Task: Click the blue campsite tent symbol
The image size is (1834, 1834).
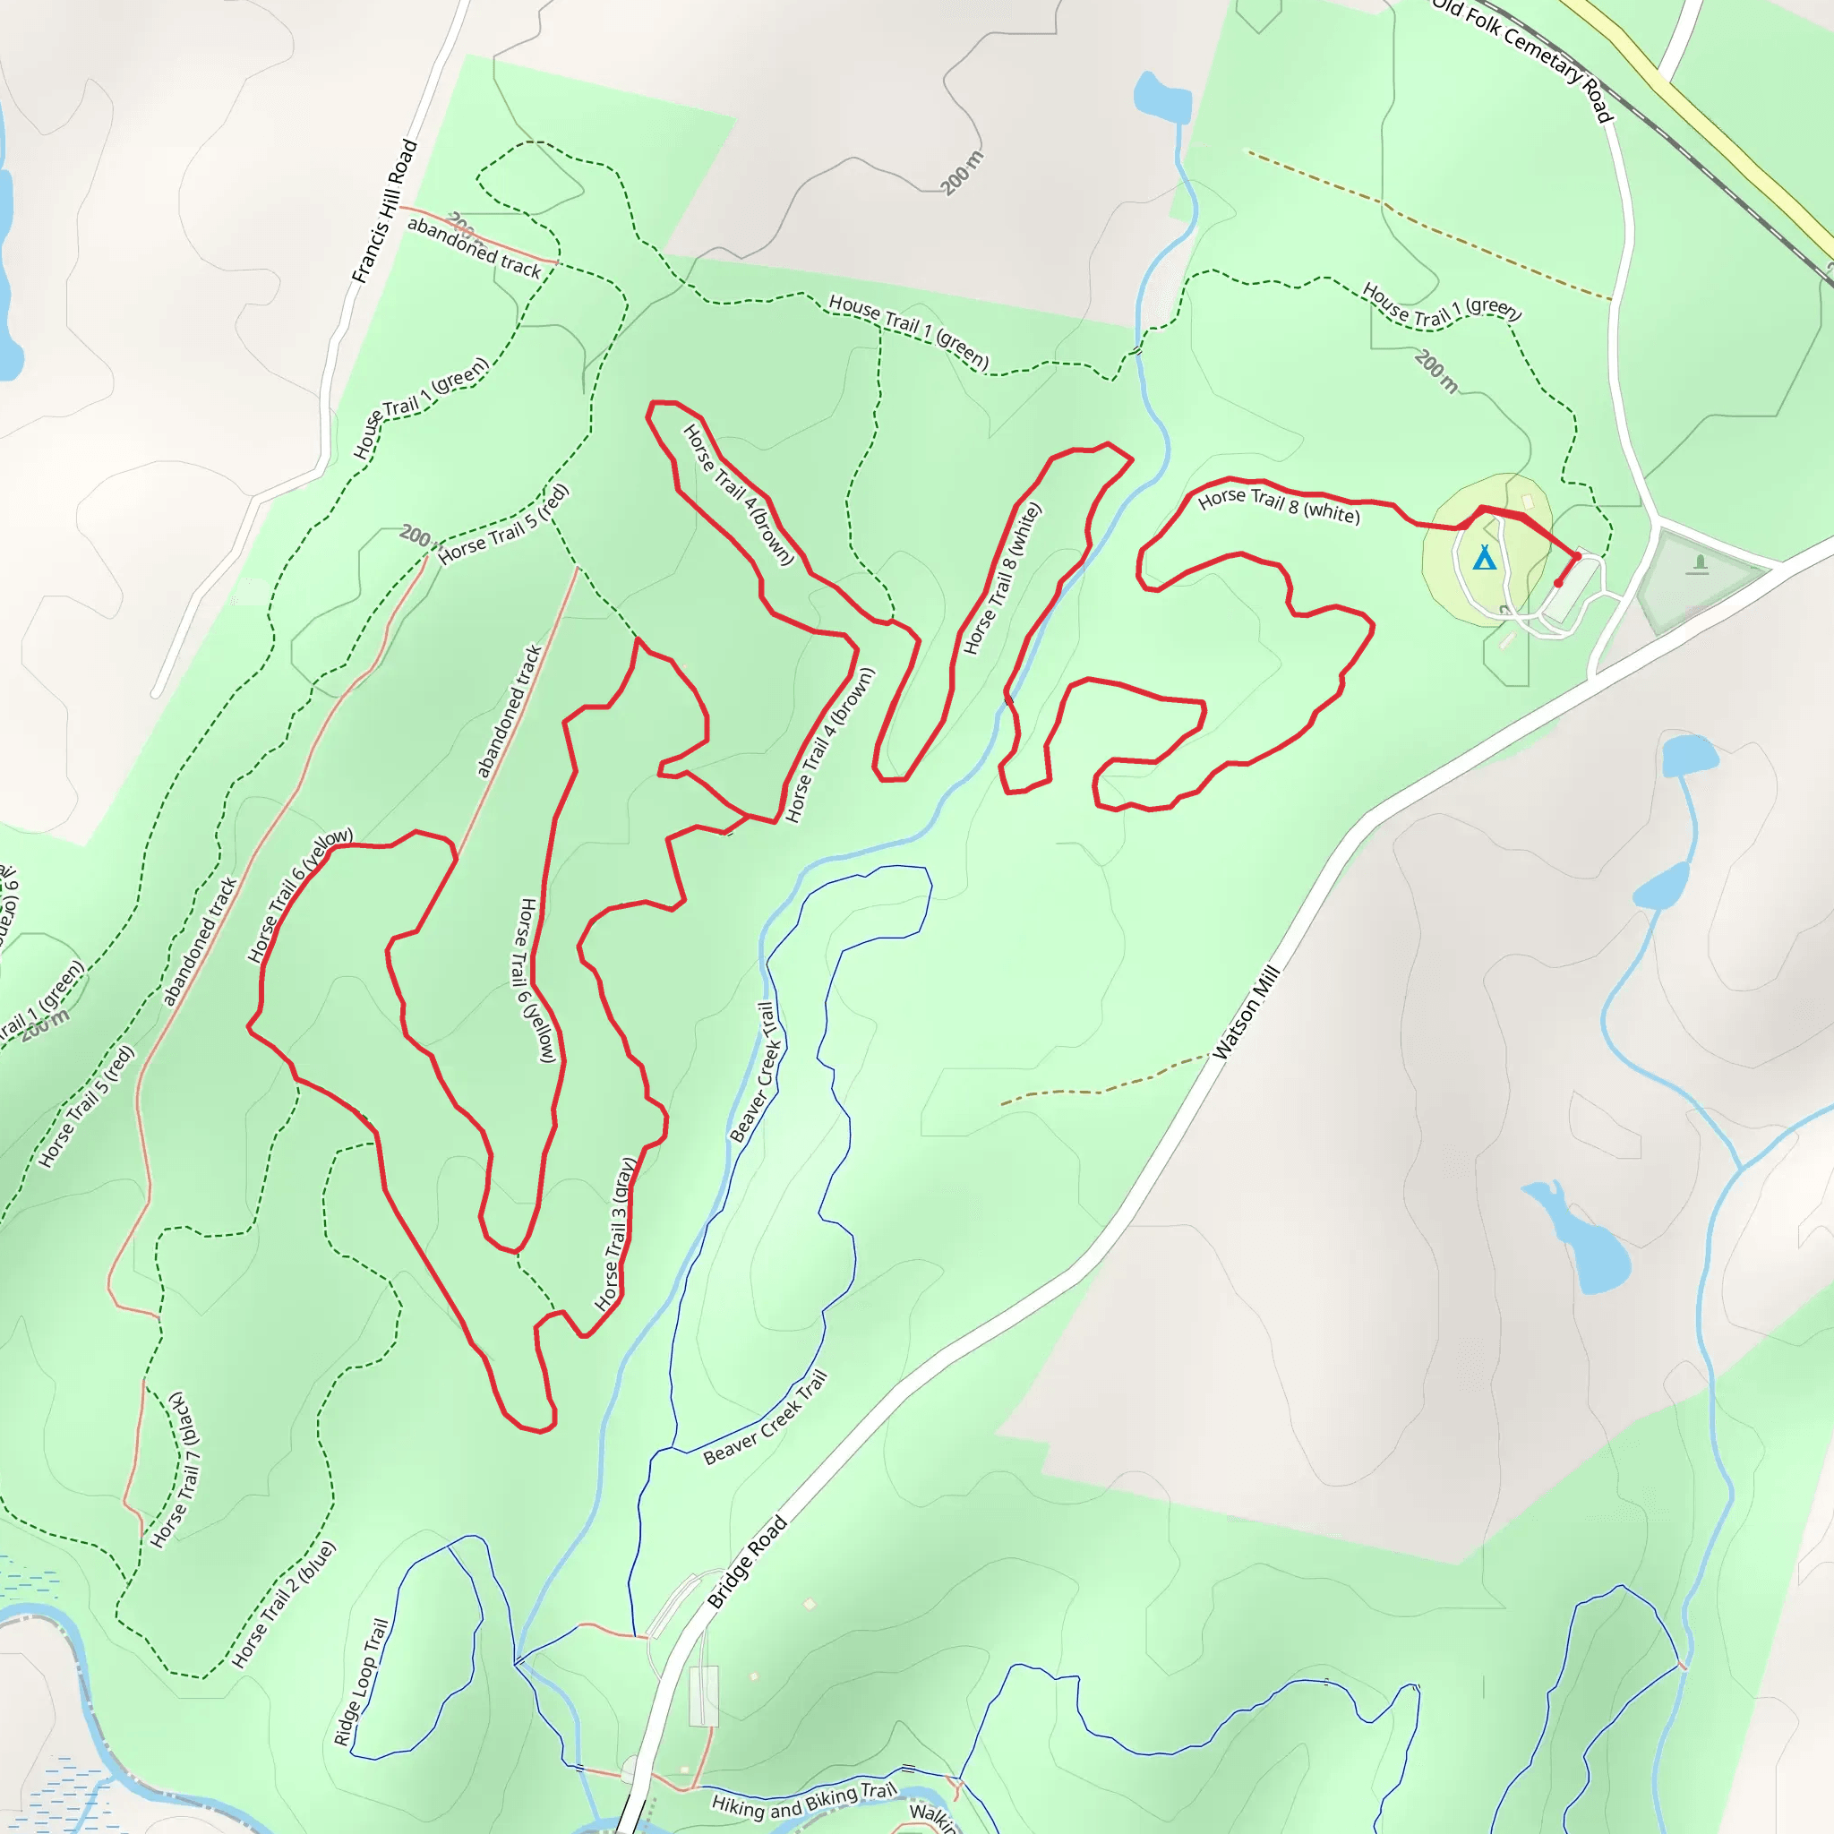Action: point(1485,557)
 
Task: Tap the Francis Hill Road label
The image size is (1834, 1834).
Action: point(384,211)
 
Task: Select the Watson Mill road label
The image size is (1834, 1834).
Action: point(1247,1012)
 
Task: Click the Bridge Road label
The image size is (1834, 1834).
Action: point(747,1563)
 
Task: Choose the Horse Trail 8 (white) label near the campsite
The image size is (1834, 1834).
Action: point(1279,505)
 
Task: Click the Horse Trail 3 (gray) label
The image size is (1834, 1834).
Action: point(614,1233)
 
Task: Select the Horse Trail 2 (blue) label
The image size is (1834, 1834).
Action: point(284,1604)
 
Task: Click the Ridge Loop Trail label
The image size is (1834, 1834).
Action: point(361,1681)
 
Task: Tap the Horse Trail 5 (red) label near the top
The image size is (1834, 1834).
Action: point(503,524)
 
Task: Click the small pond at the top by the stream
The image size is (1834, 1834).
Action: point(1161,98)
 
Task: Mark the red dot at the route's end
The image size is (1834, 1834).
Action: point(1558,583)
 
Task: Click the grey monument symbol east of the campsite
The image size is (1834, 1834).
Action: point(1698,565)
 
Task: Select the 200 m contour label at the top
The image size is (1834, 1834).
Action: point(963,173)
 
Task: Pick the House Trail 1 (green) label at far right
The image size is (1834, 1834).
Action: point(1441,305)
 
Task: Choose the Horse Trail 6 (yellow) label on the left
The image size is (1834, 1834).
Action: point(299,896)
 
